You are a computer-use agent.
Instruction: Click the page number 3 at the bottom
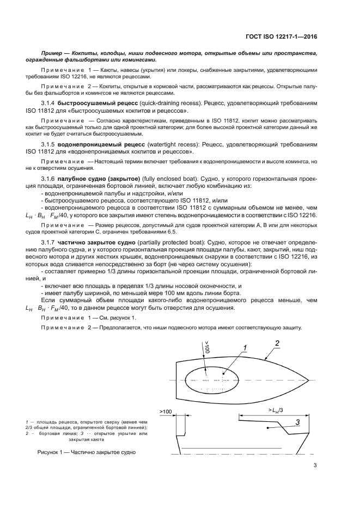315,465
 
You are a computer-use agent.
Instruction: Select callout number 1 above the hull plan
246,348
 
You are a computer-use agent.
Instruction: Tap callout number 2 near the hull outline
277,343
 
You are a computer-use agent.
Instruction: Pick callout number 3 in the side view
298,422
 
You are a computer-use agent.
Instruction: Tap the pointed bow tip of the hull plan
308,379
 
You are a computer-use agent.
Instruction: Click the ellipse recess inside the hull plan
212,379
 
